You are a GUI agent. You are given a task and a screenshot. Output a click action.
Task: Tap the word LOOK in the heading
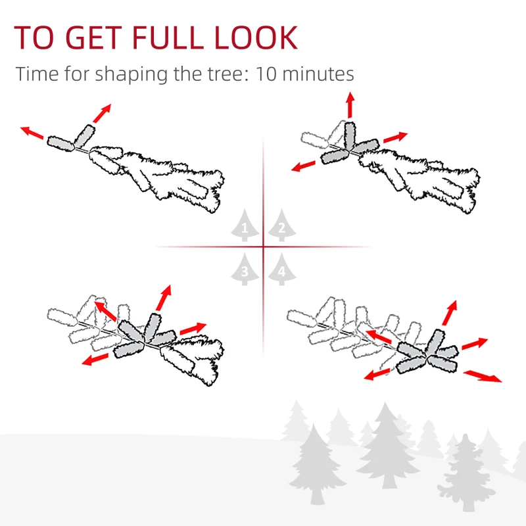pyautogui.click(x=256, y=37)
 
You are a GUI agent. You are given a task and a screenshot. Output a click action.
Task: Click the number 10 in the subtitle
pyautogui.click(x=266, y=74)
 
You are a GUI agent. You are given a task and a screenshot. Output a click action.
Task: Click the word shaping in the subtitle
pyautogui.click(x=131, y=75)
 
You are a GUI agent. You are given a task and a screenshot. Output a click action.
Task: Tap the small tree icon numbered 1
pyautogui.click(x=245, y=225)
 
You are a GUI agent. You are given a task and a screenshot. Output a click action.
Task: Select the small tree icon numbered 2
pyautogui.click(x=282, y=225)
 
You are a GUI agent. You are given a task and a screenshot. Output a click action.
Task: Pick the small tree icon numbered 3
pyautogui.click(x=245, y=269)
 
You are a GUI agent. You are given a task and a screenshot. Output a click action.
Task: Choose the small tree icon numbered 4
pyautogui.click(x=282, y=269)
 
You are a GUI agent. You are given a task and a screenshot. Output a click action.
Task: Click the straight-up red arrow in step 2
pyautogui.click(x=350, y=105)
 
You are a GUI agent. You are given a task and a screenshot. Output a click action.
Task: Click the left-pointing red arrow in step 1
pyautogui.click(x=32, y=133)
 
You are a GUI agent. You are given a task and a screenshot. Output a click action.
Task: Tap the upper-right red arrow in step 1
pyautogui.click(x=102, y=113)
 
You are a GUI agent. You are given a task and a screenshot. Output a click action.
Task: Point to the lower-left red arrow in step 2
pyautogui.click(x=303, y=166)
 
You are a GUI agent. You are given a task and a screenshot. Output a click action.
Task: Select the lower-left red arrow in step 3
pyautogui.click(x=95, y=359)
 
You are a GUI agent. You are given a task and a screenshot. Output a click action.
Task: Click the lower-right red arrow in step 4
pyautogui.click(x=483, y=376)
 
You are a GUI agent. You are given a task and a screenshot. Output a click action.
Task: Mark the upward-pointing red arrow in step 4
pyautogui.click(x=450, y=313)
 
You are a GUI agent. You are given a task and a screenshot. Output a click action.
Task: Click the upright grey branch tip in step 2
pyautogui.click(x=350, y=135)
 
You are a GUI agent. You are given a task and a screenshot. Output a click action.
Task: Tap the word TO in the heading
pyautogui.click(x=34, y=37)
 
